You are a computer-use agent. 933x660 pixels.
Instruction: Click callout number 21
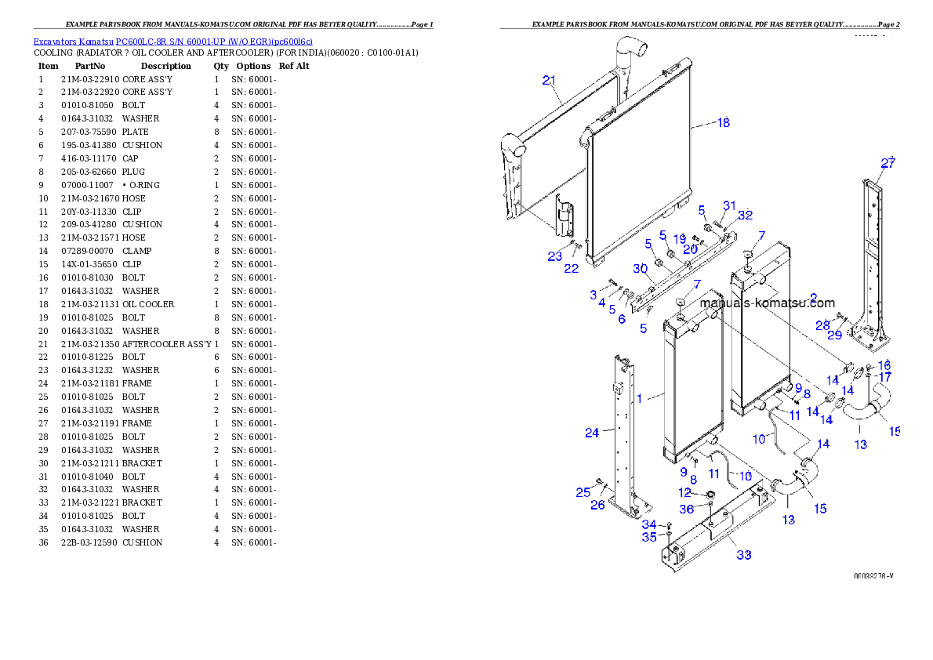coord(549,80)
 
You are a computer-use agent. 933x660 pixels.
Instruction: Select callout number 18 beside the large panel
coord(723,122)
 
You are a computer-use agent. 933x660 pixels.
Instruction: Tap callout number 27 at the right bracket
coord(888,164)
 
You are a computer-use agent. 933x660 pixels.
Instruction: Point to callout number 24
coord(592,432)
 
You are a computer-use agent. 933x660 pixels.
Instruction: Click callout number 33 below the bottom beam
coord(743,555)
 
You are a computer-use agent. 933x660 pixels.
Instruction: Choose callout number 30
coord(640,269)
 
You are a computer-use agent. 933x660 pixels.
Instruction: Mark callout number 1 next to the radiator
coord(639,398)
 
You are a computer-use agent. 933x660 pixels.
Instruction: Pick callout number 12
coord(684,493)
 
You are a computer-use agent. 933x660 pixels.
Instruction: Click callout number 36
coord(686,509)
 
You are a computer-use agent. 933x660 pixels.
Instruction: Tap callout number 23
coord(554,256)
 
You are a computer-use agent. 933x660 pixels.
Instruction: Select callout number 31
coord(729,205)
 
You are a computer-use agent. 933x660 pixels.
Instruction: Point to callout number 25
coord(583,492)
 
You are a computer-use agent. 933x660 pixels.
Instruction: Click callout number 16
coord(884,365)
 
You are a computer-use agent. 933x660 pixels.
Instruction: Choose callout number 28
coord(822,325)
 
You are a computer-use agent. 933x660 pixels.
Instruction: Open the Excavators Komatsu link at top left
coord(172,42)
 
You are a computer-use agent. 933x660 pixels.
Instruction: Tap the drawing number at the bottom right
coord(873,576)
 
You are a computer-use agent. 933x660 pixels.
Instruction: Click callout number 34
coord(649,524)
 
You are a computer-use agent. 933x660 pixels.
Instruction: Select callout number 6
coord(622,319)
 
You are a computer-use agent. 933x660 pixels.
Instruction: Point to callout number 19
coord(680,238)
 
